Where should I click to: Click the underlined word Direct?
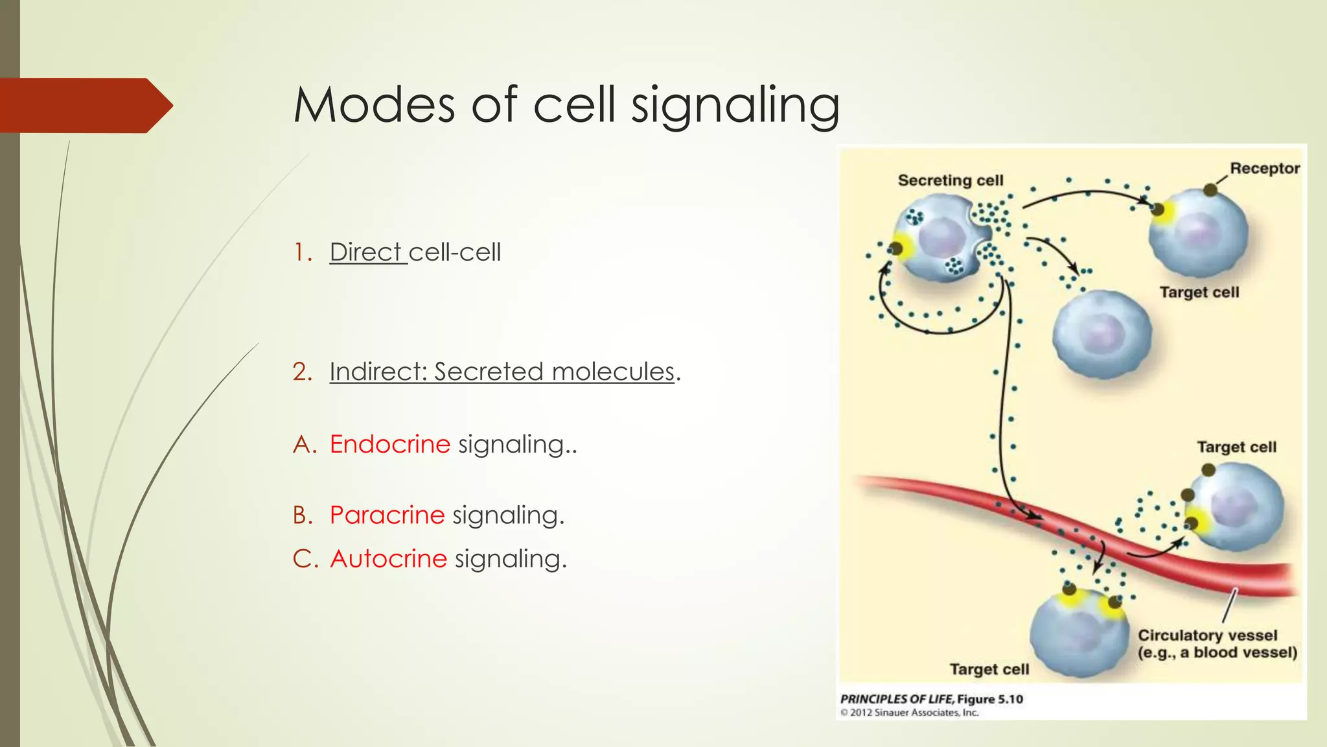coord(366,252)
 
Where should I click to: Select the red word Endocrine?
coord(389,444)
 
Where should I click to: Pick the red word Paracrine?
coord(387,515)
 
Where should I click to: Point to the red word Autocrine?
coord(388,559)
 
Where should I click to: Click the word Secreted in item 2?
coord(489,372)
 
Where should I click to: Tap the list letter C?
coord(303,559)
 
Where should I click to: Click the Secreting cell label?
coord(950,180)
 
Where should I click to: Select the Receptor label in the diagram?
coord(1264,169)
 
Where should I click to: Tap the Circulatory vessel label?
coord(1208,635)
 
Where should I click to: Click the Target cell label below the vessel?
coord(989,669)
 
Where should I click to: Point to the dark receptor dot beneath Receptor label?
coord(1210,190)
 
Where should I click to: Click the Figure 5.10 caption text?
coord(931,699)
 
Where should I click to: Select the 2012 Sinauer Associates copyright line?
coord(909,713)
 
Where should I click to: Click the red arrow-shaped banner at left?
coord(84,105)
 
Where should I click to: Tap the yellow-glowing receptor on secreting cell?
coord(897,248)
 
